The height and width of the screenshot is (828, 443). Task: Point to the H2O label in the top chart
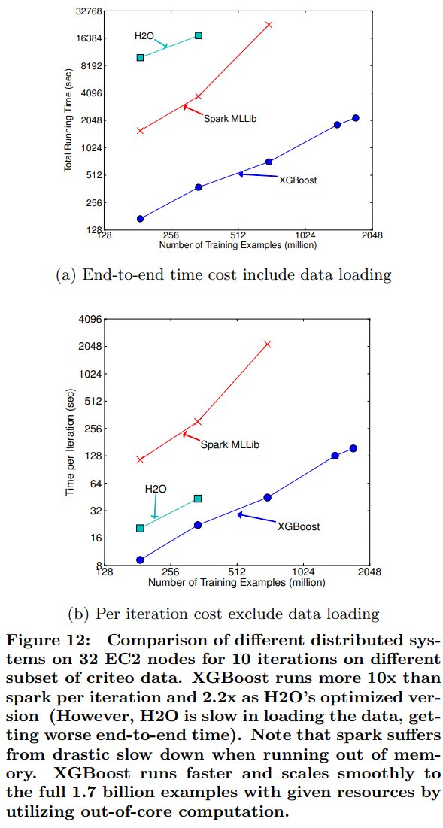tap(144, 35)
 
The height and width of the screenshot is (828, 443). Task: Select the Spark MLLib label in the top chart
tap(230, 118)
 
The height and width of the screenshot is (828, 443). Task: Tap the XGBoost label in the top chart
tap(298, 180)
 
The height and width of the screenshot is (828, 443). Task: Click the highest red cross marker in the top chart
tap(269, 25)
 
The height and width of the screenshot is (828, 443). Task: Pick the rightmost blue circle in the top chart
tap(356, 118)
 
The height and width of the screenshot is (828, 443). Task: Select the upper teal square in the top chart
tap(199, 35)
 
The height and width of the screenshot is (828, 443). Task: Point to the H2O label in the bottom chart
tap(155, 489)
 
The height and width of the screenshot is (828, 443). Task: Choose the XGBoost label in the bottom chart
tap(298, 526)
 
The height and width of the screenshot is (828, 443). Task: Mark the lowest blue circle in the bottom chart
tap(140, 560)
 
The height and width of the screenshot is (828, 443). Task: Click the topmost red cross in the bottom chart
tap(267, 344)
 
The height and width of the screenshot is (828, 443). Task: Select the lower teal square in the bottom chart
tap(140, 528)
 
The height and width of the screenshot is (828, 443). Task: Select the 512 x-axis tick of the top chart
tap(238, 235)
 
